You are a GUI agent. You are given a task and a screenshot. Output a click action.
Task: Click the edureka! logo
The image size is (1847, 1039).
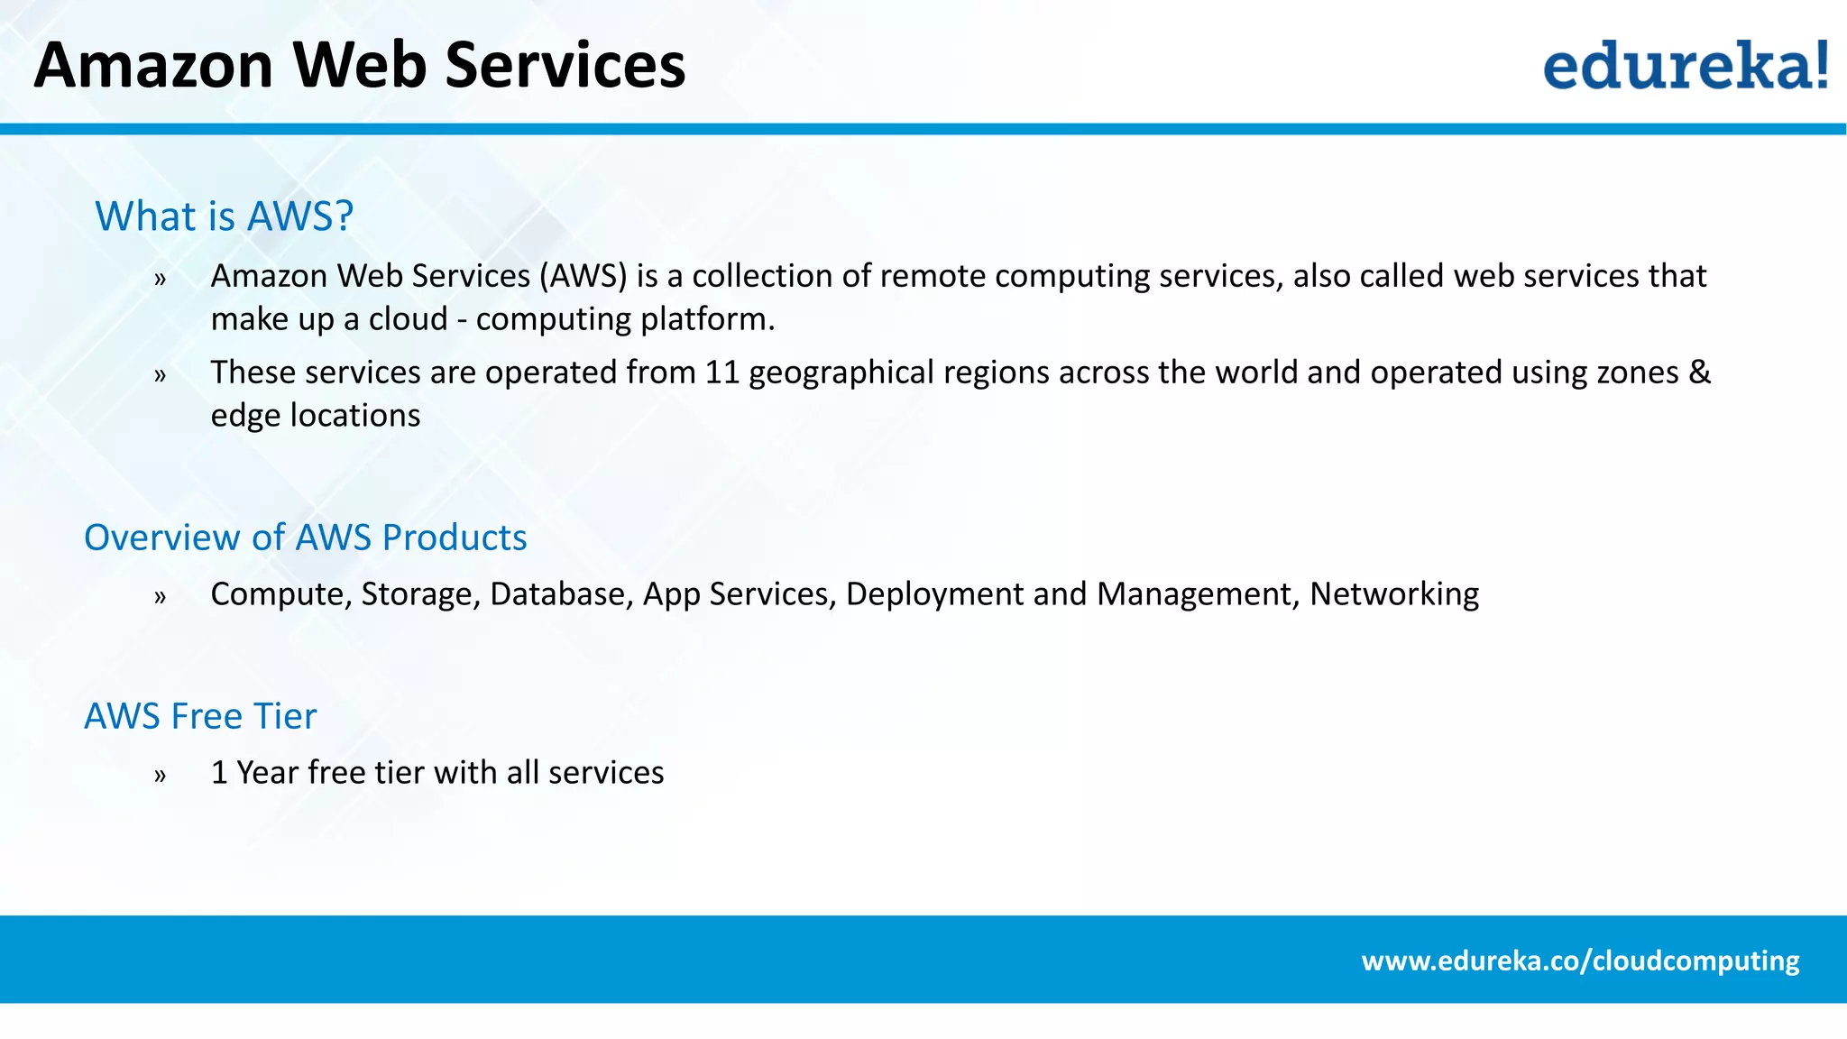1685,65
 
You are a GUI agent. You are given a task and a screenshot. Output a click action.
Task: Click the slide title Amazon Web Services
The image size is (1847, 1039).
359,65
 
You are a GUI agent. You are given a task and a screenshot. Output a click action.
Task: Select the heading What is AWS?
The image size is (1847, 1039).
224,216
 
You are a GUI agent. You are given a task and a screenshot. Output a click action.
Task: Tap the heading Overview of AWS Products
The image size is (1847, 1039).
305,538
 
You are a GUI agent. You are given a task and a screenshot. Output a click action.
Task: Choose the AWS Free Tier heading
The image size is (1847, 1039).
200,716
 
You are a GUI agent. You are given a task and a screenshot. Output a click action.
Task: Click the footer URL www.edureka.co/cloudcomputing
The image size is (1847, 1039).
1580,961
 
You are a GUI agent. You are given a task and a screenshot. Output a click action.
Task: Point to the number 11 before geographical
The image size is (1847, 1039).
721,372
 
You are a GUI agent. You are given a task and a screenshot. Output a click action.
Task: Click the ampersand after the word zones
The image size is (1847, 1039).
1699,372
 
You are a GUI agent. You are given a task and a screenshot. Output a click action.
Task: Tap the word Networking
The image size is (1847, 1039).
1394,594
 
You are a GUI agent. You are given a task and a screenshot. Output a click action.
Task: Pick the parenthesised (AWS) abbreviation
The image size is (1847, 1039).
584,276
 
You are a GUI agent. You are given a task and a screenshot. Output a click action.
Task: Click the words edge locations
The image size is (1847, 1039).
315,416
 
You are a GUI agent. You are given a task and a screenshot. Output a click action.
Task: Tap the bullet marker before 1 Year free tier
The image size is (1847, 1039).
160,775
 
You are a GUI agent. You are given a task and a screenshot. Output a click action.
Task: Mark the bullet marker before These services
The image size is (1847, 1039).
160,374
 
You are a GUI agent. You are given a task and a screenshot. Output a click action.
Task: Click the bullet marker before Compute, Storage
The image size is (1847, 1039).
160,596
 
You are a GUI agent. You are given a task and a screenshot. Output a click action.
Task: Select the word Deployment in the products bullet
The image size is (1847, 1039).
934,594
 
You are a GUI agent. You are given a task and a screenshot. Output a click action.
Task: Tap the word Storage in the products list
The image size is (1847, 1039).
420,594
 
